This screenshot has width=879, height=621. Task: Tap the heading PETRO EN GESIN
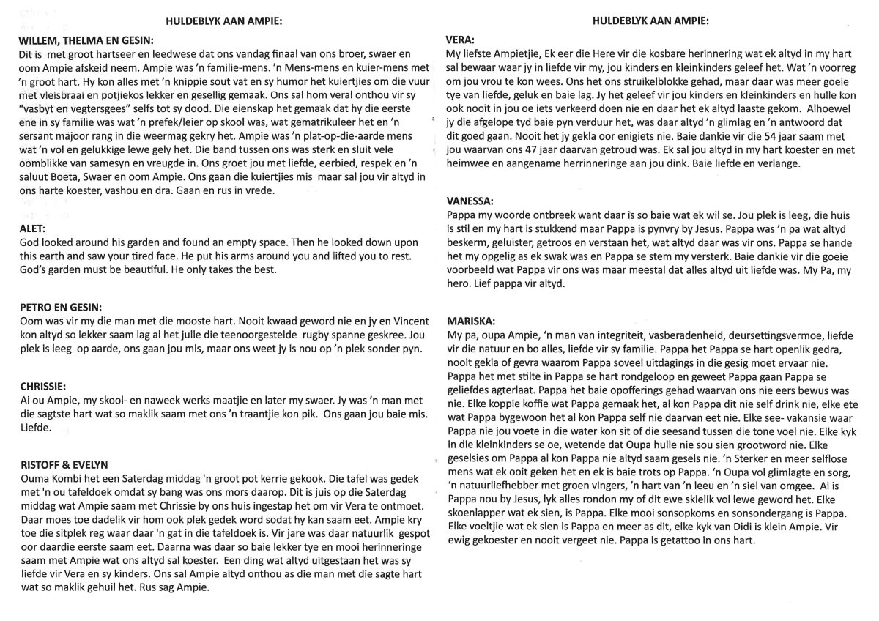pos(61,307)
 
